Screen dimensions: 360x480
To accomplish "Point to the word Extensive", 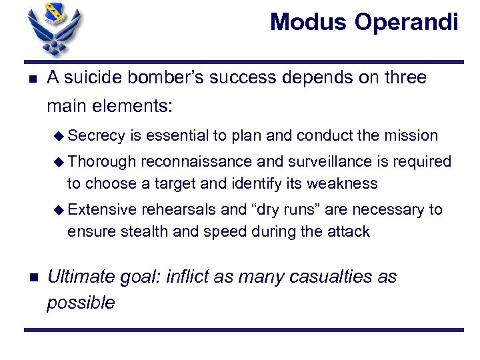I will (x=102, y=210).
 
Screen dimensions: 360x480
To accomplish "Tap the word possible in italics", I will (x=81, y=303).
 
